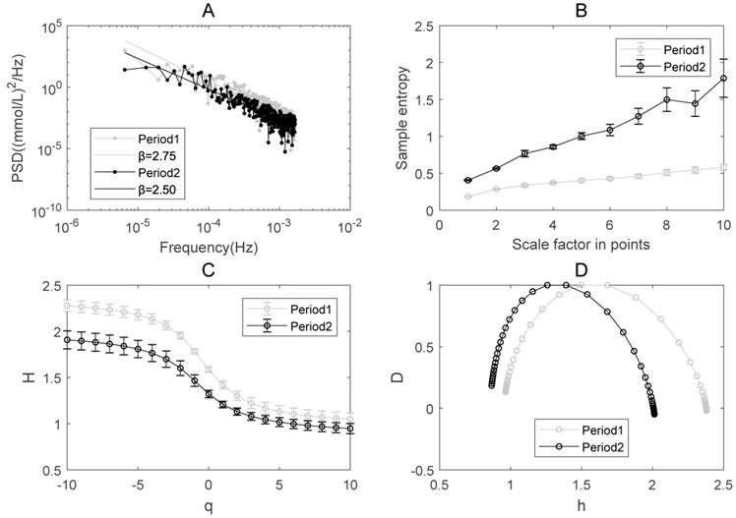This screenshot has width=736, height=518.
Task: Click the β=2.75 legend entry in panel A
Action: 136,154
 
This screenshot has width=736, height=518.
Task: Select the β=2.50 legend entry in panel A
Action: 136,189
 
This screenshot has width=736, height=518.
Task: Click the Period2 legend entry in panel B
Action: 667,67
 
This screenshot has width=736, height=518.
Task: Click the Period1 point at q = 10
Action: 350,420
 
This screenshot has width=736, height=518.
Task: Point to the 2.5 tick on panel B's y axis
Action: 424,27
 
